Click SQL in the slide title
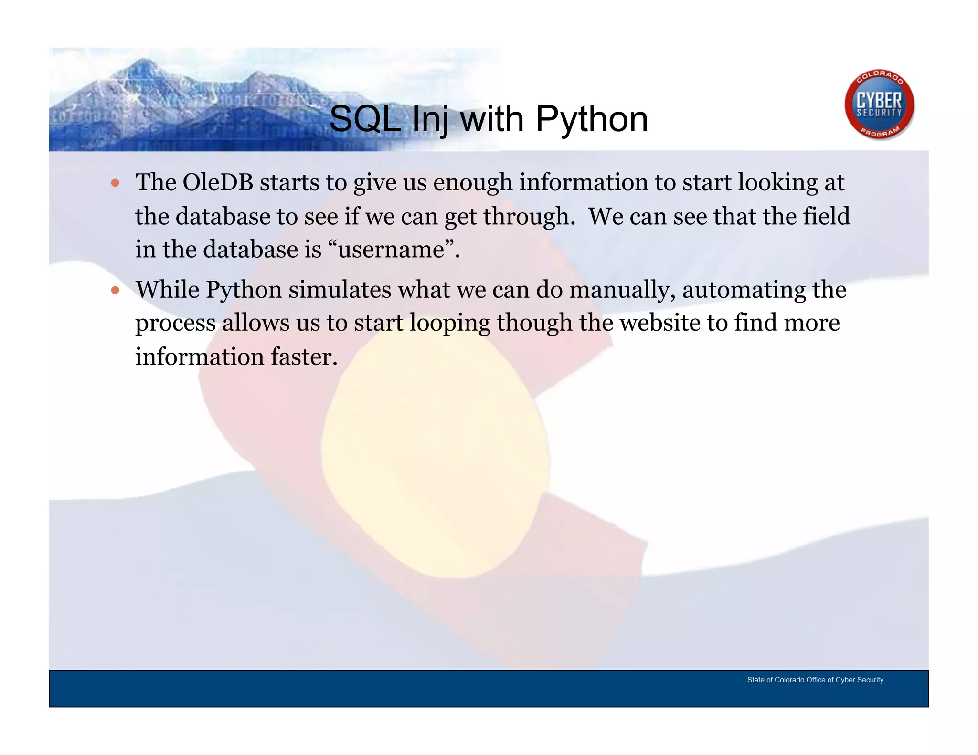coord(365,119)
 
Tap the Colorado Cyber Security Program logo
coord(879,105)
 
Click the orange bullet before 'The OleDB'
coord(115,183)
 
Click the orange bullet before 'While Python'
coord(115,290)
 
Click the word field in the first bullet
coord(826,216)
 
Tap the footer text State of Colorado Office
coord(815,680)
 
